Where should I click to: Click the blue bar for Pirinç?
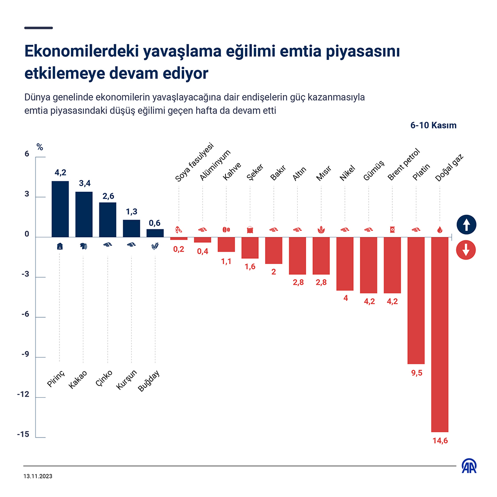pyautogui.click(x=60, y=209)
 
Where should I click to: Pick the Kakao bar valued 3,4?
pyautogui.click(x=84, y=214)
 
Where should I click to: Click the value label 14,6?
pyautogui.click(x=440, y=441)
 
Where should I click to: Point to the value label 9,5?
pyautogui.click(x=417, y=373)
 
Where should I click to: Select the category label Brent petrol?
pyautogui.click(x=403, y=165)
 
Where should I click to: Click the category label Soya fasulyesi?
pyautogui.click(x=194, y=162)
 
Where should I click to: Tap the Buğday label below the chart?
pyautogui.click(x=149, y=381)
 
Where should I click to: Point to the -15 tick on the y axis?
pyautogui.click(x=23, y=434)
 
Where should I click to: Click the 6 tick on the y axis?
pyautogui.click(x=27, y=154)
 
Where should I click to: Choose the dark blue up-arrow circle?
pyautogui.click(x=466, y=225)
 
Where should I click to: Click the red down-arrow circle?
pyautogui.click(x=466, y=250)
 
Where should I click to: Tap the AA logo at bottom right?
pyautogui.click(x=469, y=465)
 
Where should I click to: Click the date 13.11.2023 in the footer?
pyautogui.click(x=38, y=476)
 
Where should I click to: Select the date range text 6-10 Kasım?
pyautogui.click(x=433, y=125)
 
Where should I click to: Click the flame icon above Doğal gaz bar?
pyautogui.click(x=440, y=230)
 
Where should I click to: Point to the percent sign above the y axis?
pyautogui.click(x=39, y=147)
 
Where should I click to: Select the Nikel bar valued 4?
pyautogui.click(x=345, y=264)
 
